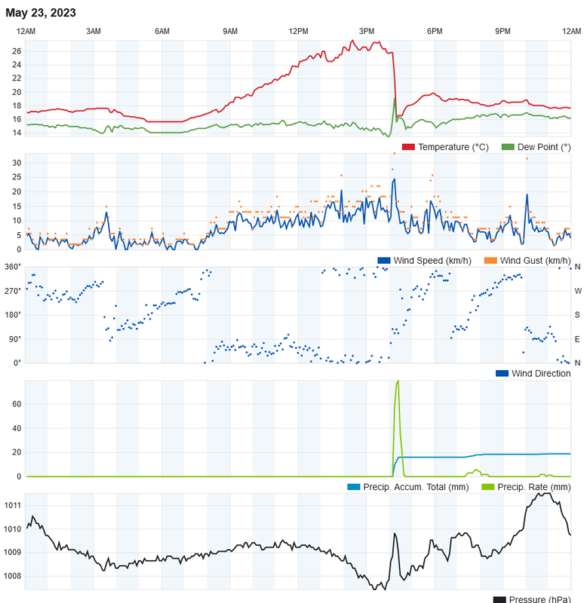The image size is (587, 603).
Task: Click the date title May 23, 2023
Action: click(x=41, y=13)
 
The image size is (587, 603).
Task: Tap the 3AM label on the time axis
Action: click(x=94, y=31)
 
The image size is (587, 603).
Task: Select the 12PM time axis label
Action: click(x=298, y=31)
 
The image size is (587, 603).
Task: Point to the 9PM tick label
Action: click(x=502, y=31)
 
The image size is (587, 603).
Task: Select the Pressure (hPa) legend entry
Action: click(x=539, y=599)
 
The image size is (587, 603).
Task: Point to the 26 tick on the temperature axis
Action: click(x=17, y=51)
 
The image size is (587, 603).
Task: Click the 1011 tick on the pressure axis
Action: click(x=13, y=505)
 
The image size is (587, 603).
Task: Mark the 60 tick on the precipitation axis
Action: click(x=17, y=404)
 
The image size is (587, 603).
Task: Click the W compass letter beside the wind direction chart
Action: click(x=578, y=290)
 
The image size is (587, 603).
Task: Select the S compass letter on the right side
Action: click(x=578, y=314)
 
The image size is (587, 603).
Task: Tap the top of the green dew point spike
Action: click(x=395, y=98)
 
